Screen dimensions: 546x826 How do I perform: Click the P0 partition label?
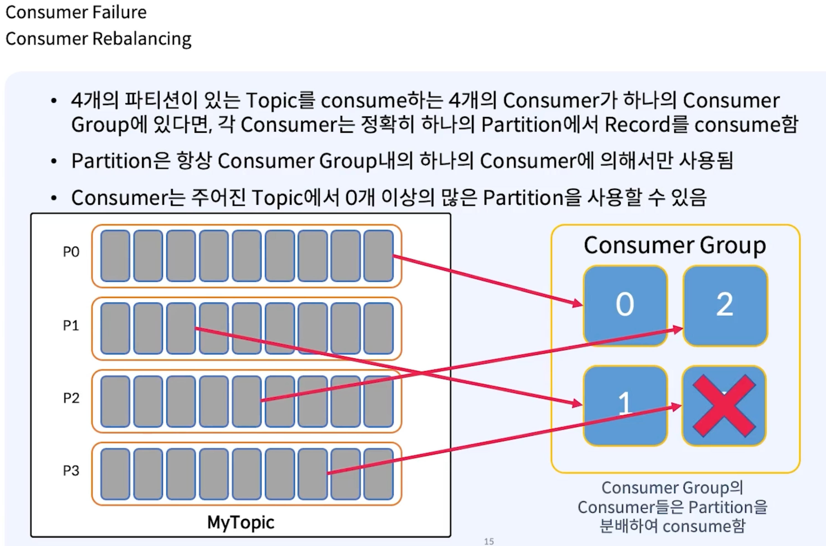71,252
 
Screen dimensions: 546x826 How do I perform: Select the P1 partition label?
71,326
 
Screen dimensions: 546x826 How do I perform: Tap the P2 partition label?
71,398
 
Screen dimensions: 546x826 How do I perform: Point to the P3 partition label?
71,471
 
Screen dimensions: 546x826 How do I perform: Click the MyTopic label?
241,522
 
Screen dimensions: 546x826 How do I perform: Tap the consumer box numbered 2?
725,305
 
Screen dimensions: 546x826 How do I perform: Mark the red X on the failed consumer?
724,406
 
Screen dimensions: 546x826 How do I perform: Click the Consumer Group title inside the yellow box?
675,246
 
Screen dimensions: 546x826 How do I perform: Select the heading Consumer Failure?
76,12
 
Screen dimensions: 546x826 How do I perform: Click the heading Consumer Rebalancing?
98,39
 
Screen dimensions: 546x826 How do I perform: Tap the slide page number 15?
489,541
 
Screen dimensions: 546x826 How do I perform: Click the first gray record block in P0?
115,256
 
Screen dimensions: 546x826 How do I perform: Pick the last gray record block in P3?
379,474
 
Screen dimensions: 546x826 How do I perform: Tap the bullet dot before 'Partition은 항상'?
54,161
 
